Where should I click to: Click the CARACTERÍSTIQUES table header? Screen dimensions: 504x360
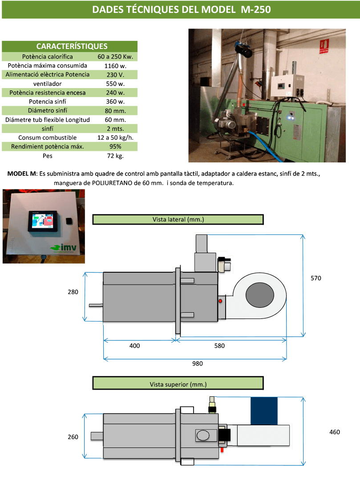[72, 46]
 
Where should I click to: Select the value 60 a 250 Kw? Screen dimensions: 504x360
[115, 57]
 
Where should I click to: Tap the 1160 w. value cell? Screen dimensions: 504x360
[115, 66]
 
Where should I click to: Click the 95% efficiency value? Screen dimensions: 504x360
[115, 147]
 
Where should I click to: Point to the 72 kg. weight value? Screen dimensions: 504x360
[115, 156]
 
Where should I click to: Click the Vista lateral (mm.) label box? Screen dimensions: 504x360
[178, 219]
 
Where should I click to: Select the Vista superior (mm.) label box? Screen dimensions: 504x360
[178, 384]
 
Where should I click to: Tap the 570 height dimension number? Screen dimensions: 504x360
[316, 278]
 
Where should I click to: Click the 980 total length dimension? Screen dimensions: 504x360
[197, 364]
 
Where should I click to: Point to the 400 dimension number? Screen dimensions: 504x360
[134, 346]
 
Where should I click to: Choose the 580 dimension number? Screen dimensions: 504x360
[219, 346]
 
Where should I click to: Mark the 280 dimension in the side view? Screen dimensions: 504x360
[73, 292]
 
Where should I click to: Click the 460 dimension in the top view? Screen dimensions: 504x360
[335, 432]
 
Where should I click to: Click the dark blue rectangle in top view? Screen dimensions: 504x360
[263, 410]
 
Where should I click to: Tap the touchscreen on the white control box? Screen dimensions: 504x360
[43, 221]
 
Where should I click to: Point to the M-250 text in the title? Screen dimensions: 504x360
[255, 10]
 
